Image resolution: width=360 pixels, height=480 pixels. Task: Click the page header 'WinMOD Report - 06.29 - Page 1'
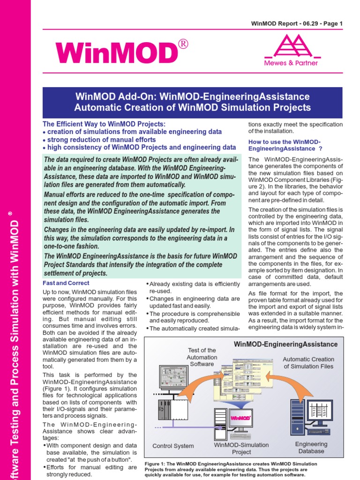[297, 23]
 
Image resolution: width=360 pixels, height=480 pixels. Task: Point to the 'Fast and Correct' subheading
[66, 283]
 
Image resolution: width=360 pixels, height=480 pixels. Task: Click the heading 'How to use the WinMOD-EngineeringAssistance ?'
[285, 145]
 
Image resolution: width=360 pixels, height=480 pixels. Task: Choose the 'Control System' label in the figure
[173, 446]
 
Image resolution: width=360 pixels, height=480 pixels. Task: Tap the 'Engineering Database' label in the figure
[311, 447]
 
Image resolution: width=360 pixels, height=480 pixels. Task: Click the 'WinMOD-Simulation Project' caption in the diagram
[241, 448]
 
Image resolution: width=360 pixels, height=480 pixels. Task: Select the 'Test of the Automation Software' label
[202, 357]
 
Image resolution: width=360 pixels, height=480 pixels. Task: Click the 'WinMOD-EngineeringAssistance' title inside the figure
[285, 344]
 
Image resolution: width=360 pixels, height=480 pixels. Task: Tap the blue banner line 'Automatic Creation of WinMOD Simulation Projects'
[192, 107]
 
